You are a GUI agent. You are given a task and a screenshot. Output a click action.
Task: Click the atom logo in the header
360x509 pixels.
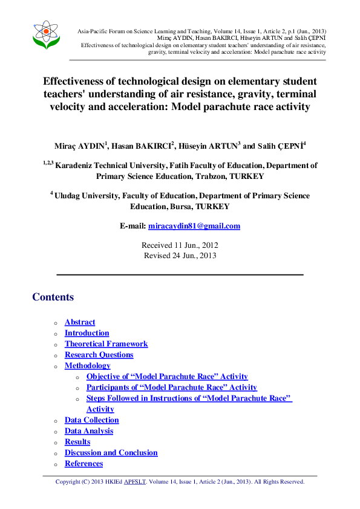click(47, 35)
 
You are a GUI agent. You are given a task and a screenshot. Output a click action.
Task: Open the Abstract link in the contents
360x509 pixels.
click(80, 322)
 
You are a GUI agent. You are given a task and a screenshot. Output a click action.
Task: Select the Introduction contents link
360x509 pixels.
click(87, 333)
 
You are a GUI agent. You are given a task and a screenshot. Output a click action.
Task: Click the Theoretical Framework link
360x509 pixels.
click(106, 344)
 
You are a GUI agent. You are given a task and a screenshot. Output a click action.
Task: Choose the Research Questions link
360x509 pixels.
click(99, 355)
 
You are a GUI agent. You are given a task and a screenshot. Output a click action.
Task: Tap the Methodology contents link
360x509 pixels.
click(87, 366)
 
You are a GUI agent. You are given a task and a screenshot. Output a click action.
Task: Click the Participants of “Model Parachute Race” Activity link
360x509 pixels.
click(171, 387)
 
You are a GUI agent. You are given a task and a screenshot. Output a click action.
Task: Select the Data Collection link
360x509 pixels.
click(92, 420)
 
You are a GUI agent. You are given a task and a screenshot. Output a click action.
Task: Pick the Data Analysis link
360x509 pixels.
click(89, 431)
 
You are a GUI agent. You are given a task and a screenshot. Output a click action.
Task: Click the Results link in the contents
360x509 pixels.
click(77, 442)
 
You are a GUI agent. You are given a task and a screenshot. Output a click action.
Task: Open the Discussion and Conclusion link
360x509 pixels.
click(111, 453)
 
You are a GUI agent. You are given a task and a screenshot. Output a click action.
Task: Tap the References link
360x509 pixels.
click(83, 464)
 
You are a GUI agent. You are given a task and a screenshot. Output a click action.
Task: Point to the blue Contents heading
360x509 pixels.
click(53, 297)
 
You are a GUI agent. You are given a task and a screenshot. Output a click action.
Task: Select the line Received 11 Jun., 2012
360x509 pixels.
click(180, 245)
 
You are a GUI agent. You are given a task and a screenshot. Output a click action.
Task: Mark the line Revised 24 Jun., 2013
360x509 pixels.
click(180, 255)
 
